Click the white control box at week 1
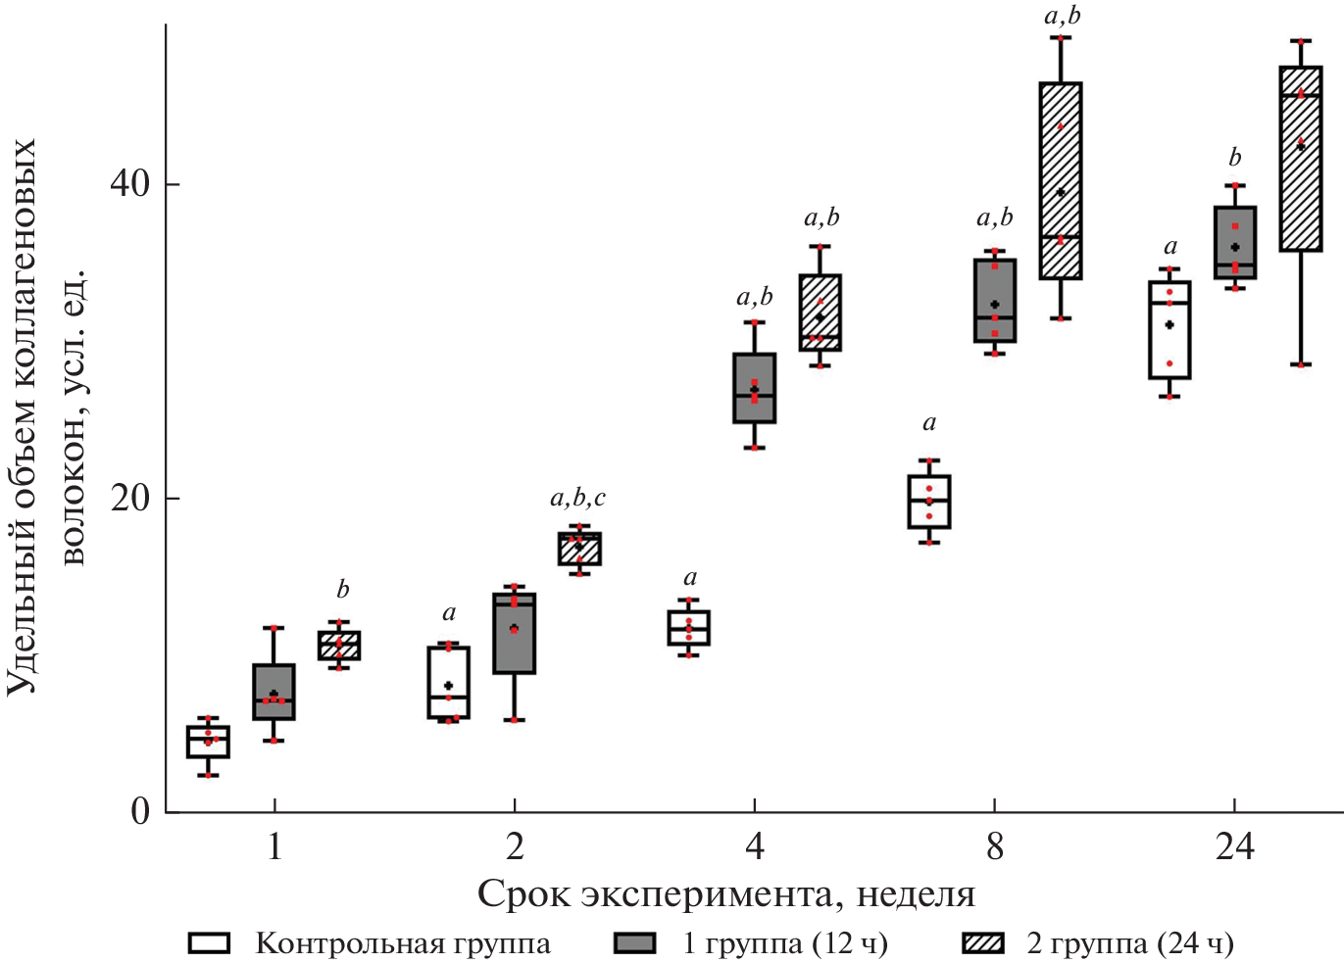[x=208, y=742]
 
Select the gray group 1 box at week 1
[x=274, y=692]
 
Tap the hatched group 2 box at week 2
[x=579, y=549]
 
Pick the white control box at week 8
[x=928, y=502]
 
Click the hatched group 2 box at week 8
[x=1061, y=180]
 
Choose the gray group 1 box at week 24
[x=1235, y=243]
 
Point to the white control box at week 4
[x=689, y=627]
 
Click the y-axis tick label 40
[x=130, y=184]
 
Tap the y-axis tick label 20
[x=130, y=499]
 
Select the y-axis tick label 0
[x=141, y=811]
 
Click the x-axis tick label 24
[x=1234, y=845]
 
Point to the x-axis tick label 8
[x=994, y=845]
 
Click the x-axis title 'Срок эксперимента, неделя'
[x=726, y=893]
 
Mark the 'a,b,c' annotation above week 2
[x=578, y=499]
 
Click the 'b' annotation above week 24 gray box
[x=1235, y=157]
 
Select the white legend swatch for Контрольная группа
[x=209, y=943]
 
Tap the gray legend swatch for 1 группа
[x=634, y=943]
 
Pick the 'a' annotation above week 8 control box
[x=929, y=423]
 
